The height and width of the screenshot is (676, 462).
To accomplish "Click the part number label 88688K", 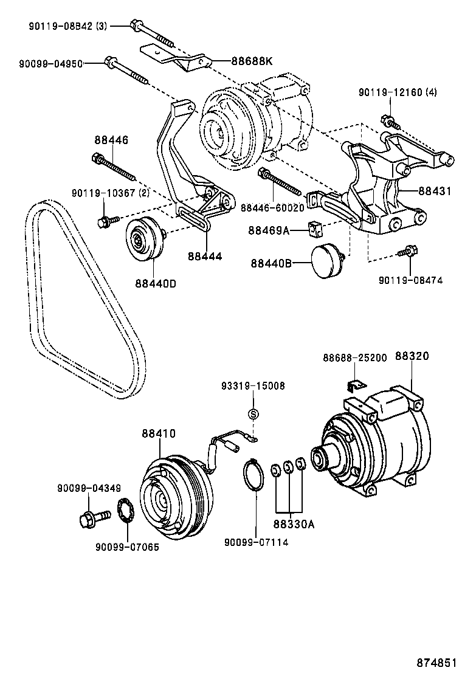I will click(x=252, y=61).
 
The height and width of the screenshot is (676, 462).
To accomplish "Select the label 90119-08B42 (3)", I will click(x=67, y=26).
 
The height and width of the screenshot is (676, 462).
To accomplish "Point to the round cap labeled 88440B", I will click(x=327, y=261).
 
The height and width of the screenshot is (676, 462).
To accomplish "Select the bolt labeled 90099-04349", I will click(x=91, y=519).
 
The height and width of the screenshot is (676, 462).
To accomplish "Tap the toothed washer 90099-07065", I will click(x=127, y=511).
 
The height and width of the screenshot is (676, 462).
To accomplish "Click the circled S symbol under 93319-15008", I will click(x=253, y=414).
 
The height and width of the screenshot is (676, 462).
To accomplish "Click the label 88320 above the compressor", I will click(x=413, y=357).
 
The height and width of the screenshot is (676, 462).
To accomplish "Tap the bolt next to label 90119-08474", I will click(x=405, y=251).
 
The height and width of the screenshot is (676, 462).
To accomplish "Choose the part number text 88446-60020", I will click(x=272, y=207).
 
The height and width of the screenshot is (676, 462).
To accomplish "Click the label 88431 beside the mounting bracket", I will click(x=435, y=191).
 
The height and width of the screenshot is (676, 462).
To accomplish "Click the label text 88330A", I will click(x=294, y=523).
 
